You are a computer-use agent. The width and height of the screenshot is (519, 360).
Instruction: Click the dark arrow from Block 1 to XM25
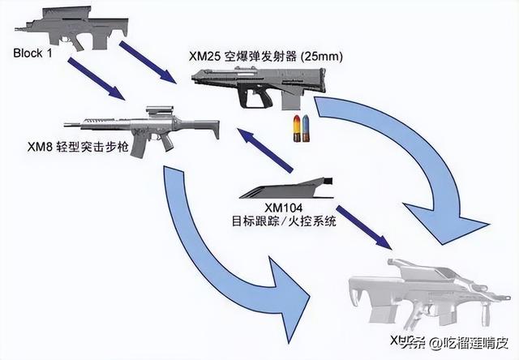click(x=149, y=63)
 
